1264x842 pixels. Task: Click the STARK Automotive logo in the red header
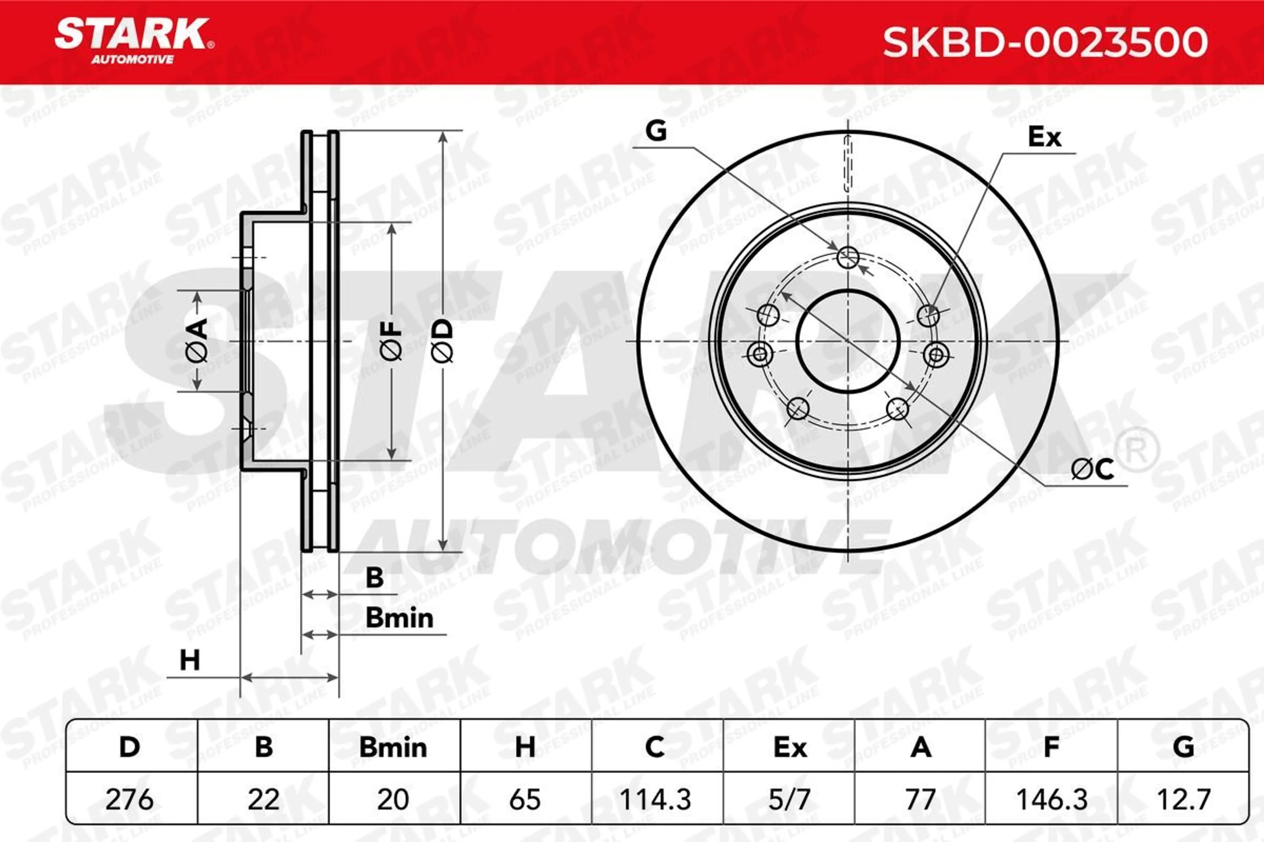pyautogui.click(x=134, y=41)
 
